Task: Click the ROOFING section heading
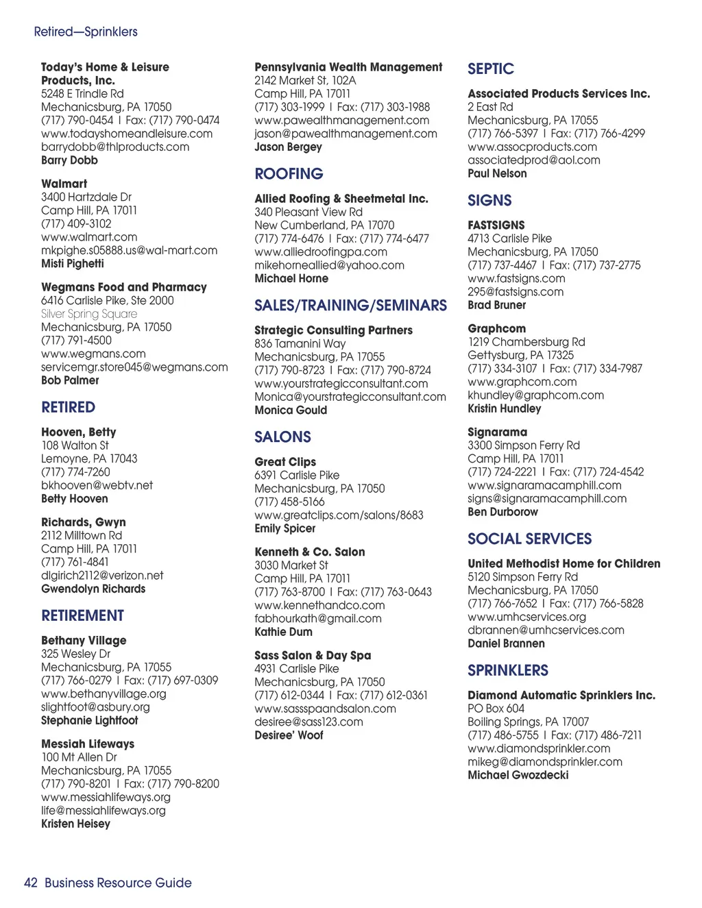[289, 174]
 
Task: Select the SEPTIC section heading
[490, 69]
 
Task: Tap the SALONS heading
[282, 437]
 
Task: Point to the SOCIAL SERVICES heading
[529, 539]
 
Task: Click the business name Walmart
[64, 184]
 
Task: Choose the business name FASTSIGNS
[496, 225]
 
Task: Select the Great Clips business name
[285, 462]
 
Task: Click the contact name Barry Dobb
[69, 160]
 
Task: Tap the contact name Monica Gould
[291, 410]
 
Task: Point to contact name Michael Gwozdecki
[518, 775]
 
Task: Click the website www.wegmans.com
[93, 354]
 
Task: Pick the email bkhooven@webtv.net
[97, 485]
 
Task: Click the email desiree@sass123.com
[308, 722]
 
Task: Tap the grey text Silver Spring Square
[88, 314]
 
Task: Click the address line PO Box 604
[496, 709]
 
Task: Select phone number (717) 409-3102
[76, 224]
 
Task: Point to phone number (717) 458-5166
[289, 502]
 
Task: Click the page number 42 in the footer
[30, 883]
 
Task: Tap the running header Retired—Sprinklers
[86, 32]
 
